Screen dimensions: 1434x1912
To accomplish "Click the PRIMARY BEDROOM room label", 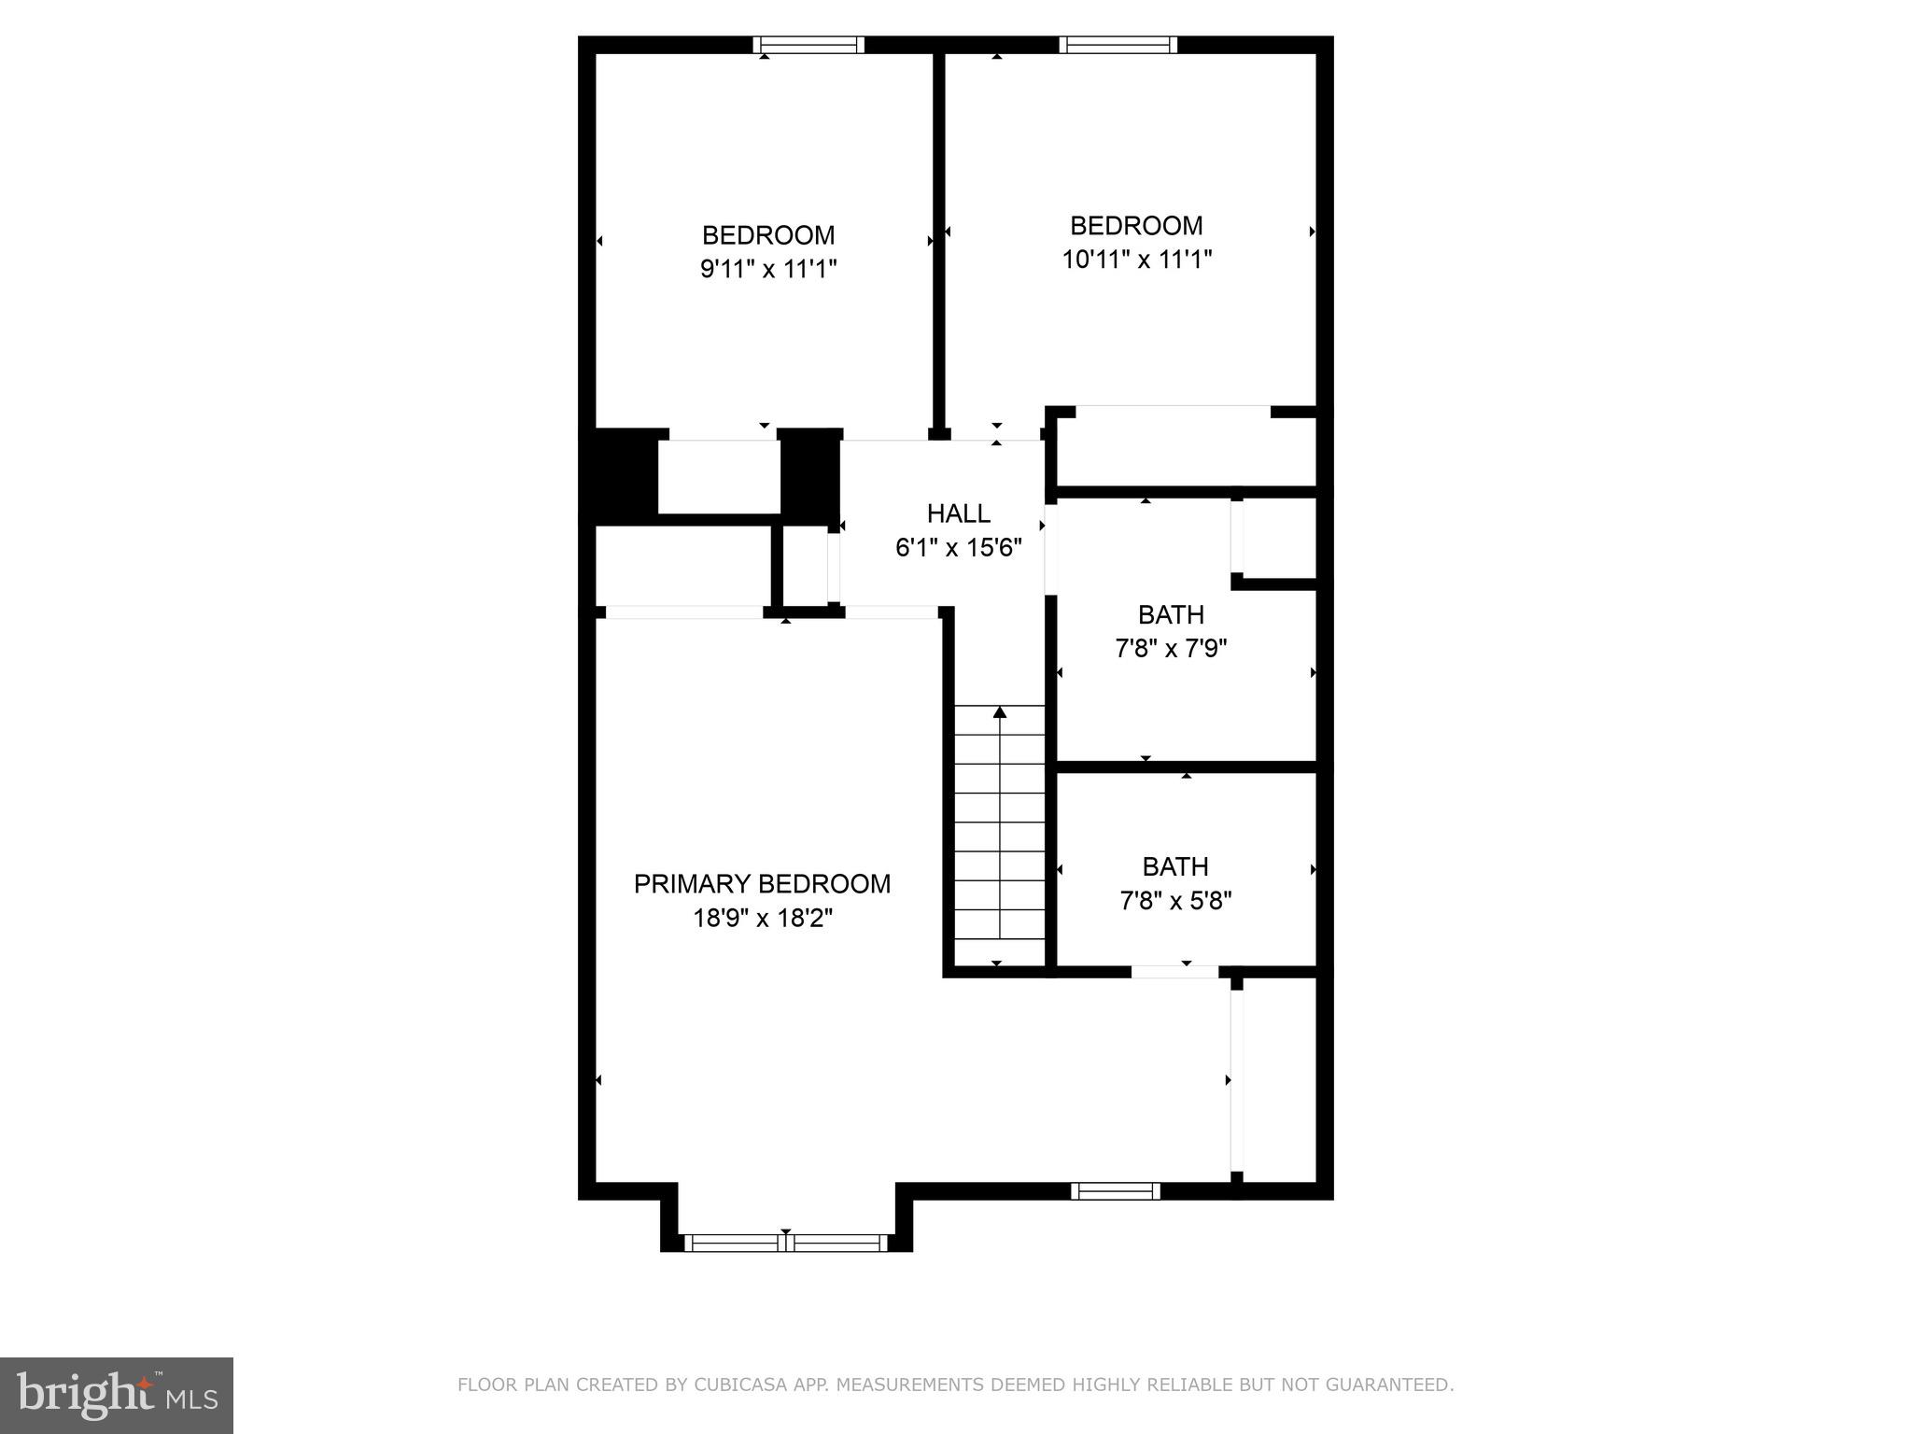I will [762, 883].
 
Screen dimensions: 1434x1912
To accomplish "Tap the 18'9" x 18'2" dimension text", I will [762, 919].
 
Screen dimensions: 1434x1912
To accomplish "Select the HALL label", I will [958, 513].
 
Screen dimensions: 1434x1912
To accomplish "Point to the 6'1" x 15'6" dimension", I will [958, 548].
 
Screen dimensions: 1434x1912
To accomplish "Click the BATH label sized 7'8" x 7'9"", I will [1171, 614].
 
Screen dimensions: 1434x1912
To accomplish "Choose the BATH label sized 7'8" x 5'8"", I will [1175, 866].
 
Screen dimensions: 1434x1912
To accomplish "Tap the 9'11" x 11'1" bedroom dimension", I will [767, 270].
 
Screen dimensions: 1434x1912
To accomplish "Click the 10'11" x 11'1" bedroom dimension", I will [1136, 260].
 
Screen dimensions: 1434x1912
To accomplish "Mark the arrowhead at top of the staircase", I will [1000, 713].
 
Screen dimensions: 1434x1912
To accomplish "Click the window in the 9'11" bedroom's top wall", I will [808, 45].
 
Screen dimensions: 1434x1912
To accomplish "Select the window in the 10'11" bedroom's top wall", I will [1118, 45].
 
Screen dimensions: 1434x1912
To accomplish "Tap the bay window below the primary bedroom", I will [785, 1243].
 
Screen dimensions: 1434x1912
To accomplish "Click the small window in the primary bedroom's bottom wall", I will [1115, 1190].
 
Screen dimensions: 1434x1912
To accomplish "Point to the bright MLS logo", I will [117, 1395].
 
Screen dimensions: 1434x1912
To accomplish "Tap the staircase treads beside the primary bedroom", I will [999, 836].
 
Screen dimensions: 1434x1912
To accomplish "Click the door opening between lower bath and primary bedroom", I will [1174, 972].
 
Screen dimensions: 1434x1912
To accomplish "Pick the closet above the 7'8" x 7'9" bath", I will [1186, 451].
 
